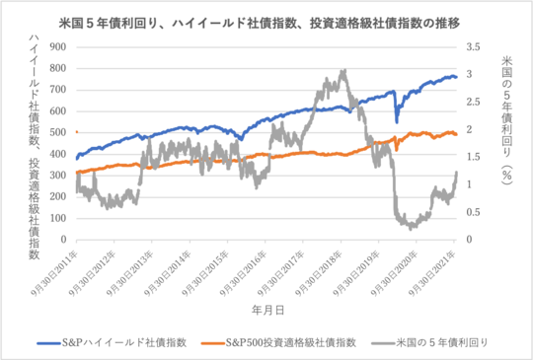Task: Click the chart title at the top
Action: (x=266, y=18)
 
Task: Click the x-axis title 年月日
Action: (x=266, y=309)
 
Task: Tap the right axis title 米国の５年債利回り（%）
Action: (x=505, y=118)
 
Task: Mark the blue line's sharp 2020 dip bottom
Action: (x=397, y=121)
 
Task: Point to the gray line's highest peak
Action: (x=343, y=71)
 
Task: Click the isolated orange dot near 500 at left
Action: (x=76, y=131)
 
